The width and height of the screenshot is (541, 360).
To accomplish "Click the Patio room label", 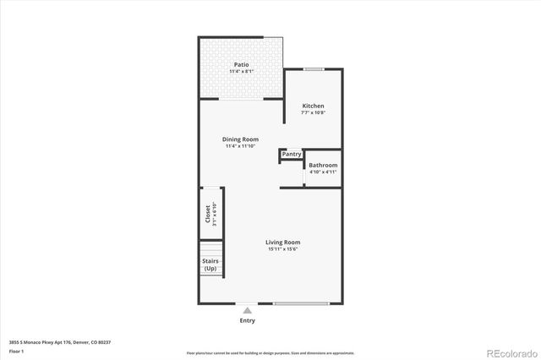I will coord(241,64).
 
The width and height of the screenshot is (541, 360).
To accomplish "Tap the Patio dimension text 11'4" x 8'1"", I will coord(241,72).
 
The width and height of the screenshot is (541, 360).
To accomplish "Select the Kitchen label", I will coord(314,105).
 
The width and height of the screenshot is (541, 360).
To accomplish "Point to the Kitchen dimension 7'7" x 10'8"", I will coord(314,112).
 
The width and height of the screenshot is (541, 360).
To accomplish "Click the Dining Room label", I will coord(241,139).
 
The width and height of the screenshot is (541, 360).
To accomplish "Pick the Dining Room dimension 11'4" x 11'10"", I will coord(241,147).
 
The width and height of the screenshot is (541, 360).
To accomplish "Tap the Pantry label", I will coord(292,155).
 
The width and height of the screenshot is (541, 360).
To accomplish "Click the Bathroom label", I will coord(323,165).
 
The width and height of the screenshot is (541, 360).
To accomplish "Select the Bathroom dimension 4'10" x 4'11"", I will coord(323,172).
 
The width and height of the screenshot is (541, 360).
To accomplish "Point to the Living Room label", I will coord(283,242).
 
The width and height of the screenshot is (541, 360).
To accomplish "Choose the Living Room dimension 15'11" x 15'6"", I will coord(283,249).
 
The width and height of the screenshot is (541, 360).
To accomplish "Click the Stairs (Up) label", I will coord(210,265).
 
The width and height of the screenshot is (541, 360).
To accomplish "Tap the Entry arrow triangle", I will coord(247,310).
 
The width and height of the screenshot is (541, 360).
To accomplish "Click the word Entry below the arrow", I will coord(247,320).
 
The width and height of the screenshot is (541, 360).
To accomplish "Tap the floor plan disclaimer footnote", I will coord(270,352).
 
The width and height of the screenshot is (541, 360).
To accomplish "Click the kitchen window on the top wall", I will coord(314,69).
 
